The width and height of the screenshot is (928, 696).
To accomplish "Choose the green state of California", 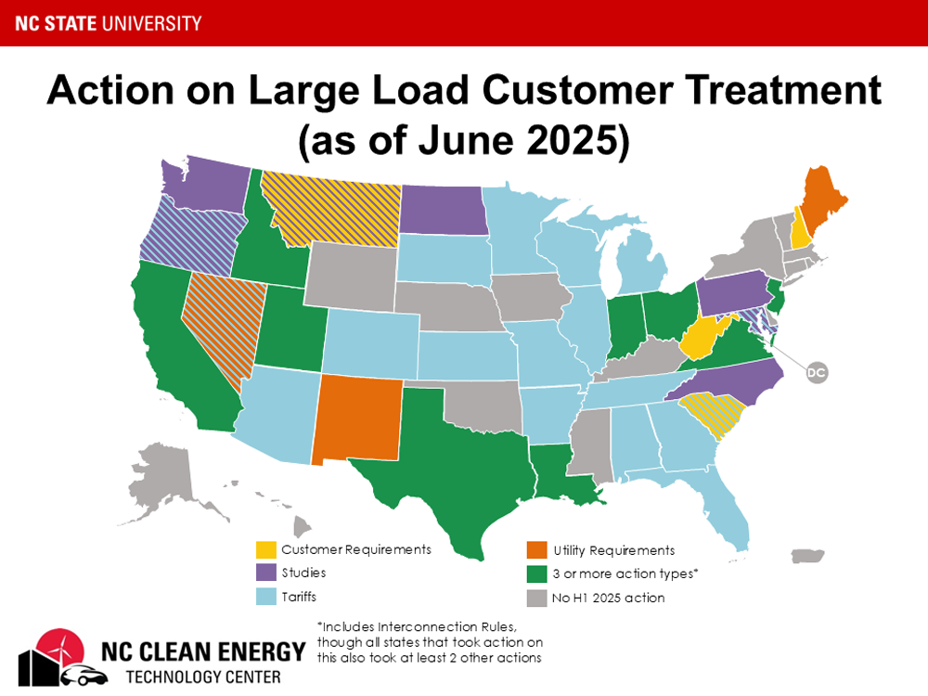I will pyautogui.click(x=181, y=353).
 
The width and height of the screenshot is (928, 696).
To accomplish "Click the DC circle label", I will pyautogui.click(x=816, y=373).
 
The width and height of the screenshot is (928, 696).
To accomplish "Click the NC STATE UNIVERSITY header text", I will pyautogui.click(x=108, y=22).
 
